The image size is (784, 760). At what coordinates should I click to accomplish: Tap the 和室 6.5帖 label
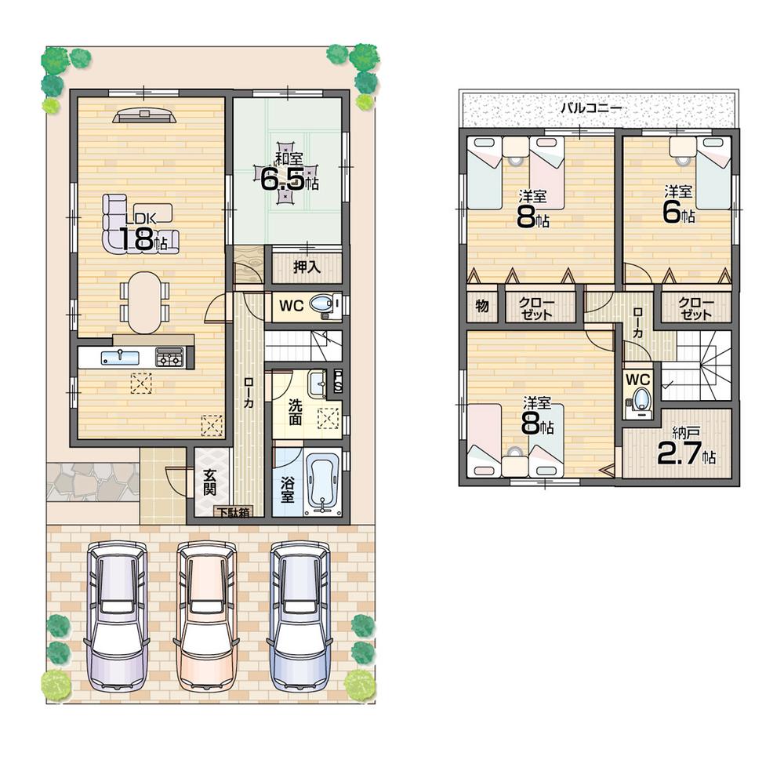tap(289, 173)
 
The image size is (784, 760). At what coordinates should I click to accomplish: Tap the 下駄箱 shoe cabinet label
tap(234, 511)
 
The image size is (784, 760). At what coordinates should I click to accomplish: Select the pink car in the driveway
tap(207, 615)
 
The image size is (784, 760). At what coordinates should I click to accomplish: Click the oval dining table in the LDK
tap(143, 302)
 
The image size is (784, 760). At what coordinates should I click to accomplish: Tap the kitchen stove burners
tap(169, 358)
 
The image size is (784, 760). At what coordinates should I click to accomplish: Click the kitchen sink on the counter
tap(119, 358)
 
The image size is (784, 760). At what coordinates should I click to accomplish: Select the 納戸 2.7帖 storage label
tap(684, 447)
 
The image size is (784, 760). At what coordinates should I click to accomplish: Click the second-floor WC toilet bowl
tap(641, 400)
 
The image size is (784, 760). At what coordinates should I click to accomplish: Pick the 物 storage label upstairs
tap(482, 306)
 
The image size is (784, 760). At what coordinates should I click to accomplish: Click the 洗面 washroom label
tap(295, 413)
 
